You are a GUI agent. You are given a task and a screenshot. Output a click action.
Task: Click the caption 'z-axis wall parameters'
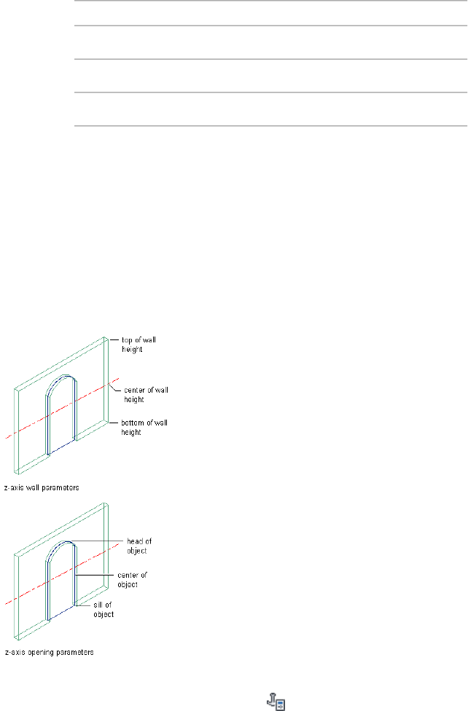(44, 484)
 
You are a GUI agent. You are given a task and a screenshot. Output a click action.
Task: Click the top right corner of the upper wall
(108, 338)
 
